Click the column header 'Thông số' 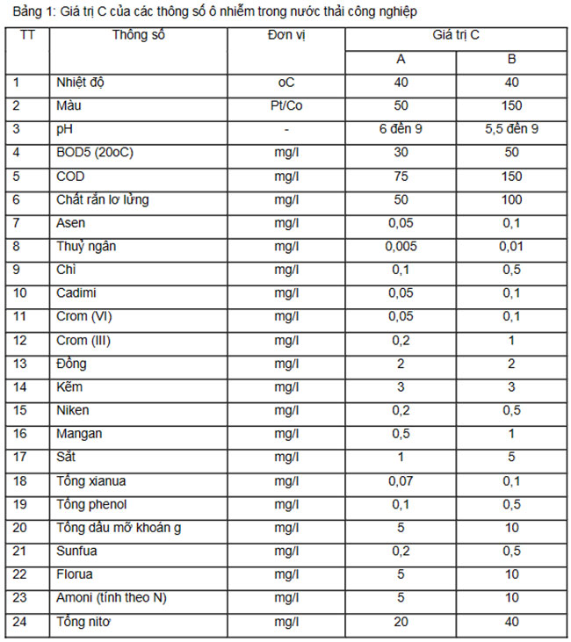click(x=139, y=37)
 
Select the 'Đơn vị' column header click(x=285, y=37)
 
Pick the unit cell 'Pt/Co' click(x=285, y=106)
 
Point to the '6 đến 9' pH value click(x=401, y=130)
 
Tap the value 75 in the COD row click(x=401, y=177)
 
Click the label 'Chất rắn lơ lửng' click(x=102, y=200)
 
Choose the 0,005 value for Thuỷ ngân click(x=401, y=247)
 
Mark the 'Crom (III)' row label click(x=87, y=341)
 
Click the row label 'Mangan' click(x=80, y=434)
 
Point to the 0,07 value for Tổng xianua click(x=401, y=481)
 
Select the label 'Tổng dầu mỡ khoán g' click(x=119, y=528)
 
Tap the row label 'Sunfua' click(x=78, y=551)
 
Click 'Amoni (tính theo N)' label click(x=112, y=598)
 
